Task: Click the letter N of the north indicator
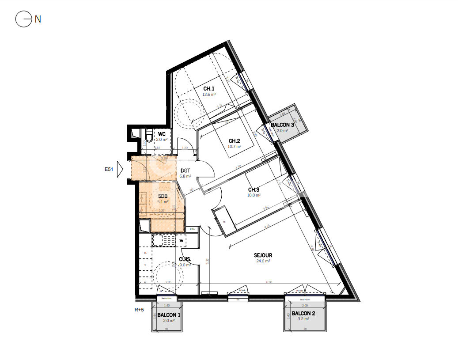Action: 38,19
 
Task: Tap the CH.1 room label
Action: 209,88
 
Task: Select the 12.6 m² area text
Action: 209,94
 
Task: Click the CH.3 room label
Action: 254,189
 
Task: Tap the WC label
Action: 162,134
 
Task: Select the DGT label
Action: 185,170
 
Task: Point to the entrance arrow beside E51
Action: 119,169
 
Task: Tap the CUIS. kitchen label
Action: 185,259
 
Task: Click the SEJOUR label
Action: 263,255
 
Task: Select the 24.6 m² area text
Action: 263,261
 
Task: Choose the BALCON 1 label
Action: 169,315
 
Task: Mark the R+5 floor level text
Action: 139,310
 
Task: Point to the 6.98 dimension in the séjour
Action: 269,282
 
